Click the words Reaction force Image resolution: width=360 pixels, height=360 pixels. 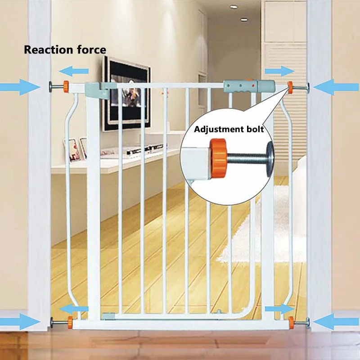65,49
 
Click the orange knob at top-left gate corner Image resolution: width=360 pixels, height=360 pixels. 66,85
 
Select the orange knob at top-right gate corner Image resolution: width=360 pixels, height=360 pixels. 290,85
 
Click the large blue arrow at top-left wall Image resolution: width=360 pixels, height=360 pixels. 20,86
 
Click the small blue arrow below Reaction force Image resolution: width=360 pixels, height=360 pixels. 74,71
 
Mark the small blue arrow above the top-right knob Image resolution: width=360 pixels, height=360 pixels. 279,71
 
